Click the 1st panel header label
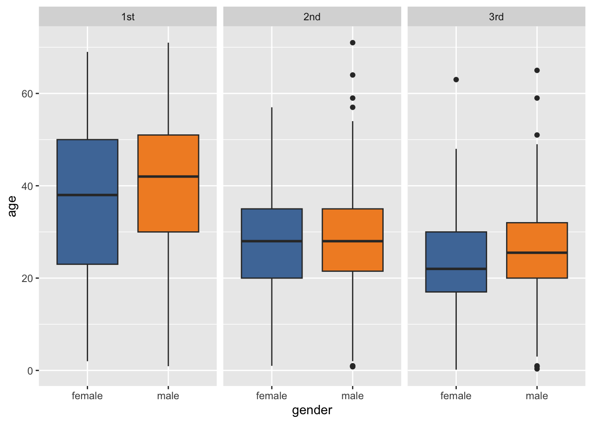point(128,17)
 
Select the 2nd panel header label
point(312,17)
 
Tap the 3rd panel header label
point(496,17)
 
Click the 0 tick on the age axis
point(30,371)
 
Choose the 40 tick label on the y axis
point(27,186)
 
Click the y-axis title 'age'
point(12,206)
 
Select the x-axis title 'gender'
point(312,410)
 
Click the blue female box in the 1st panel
point(87,220)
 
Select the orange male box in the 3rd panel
point(537,238)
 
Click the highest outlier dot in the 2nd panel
point(352,43)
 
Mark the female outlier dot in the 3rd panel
point(456,80)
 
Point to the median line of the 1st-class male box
point(168,176)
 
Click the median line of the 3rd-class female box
point(456,269)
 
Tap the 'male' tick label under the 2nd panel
point(352,396)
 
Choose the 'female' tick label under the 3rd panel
point(456,396)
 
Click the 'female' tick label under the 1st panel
point(87,396)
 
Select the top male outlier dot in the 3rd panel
point(537,70)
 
